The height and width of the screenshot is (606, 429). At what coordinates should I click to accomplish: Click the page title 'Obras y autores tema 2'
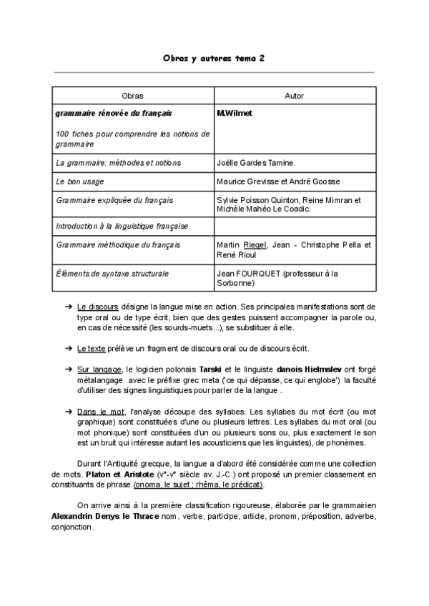(x=214, y=59)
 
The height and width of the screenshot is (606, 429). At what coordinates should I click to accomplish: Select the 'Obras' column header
(x=132, y=95)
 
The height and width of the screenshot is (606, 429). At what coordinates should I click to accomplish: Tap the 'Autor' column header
(x=294, y=95)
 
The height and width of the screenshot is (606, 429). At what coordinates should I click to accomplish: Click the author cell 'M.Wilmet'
(x=234, y=113)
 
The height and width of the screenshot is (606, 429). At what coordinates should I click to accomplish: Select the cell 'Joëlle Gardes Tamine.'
(x=255, y=163)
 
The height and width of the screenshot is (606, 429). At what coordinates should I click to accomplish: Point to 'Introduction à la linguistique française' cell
(x=122, y=227)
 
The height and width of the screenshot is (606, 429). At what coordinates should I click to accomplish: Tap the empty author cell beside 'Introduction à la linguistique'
(x=294, y=227)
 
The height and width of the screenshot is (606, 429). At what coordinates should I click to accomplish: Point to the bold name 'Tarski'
(x=212, y=369)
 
